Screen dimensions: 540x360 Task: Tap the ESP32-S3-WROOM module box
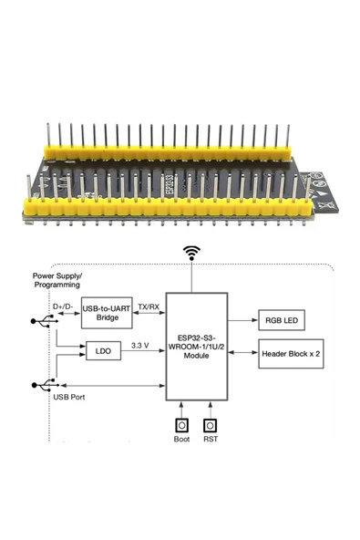(x=196, y=348)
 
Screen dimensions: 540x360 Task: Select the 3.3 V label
(x=139, y=345)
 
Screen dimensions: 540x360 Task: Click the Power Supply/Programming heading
(x=57, y=279)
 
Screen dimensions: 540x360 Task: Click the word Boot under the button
(x=181, y=441)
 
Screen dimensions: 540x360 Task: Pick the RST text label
(x=211, y=441)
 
